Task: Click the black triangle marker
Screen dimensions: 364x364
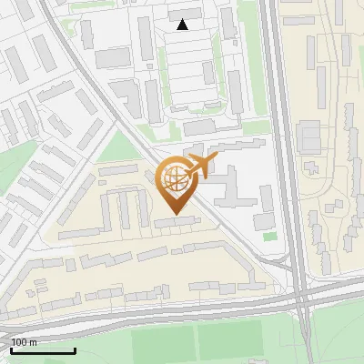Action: (182, 25)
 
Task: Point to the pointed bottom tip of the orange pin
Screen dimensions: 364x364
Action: (175, 215)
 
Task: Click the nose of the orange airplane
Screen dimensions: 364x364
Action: (217, 158)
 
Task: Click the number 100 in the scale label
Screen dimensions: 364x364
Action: (19, 342)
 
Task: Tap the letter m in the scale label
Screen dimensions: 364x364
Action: (34, 342)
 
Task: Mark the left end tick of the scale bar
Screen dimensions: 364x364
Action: (11, 350)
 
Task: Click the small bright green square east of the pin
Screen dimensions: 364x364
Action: (269, 237)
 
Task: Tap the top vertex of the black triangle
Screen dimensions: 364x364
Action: (182, 19)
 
